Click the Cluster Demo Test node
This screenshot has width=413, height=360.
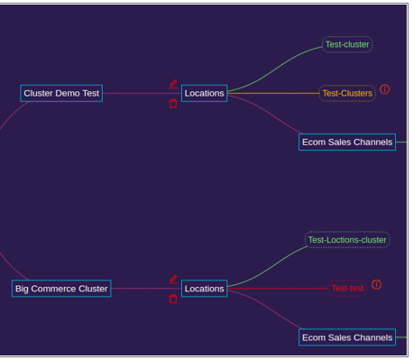pyautogui.click(x=61, y=93)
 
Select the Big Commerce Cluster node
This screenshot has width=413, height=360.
pyautogui.click(x=61, y=289)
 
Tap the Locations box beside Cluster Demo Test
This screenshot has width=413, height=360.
pyautogui.click(x=204, y=93)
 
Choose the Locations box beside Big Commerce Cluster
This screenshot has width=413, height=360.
pyautogui.click(x=204, y=289)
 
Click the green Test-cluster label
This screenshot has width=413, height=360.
pyautogui.click(x=347, y=44)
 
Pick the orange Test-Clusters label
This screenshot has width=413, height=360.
pyautogui.click(x=347, y=93)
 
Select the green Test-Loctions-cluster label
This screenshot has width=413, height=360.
pyautogui.click(x=347, y=240)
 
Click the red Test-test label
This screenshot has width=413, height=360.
pyautogui.click(x=347, y=288)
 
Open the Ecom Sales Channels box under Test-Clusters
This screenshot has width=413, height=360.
pyautogui.click(x=347, y=142)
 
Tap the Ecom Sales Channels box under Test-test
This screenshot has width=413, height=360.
pyautogui.click(x=347, y=337)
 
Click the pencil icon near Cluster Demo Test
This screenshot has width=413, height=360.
pyautogui.click(x=173, y=84)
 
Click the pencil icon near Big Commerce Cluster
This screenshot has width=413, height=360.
pyautogui.click(x=173, y=279)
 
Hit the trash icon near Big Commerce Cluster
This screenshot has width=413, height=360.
pyautogui.click(x=173, y=299)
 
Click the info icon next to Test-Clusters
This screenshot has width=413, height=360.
pyautogui.click(x=385, y=89)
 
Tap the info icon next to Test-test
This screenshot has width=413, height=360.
pyautogui.click(x=377, y=284)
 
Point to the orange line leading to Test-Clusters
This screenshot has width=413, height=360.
pyautogui.click(x=273, y=93)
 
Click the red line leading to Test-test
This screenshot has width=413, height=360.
pyautogui.click(x=278, y=289)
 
